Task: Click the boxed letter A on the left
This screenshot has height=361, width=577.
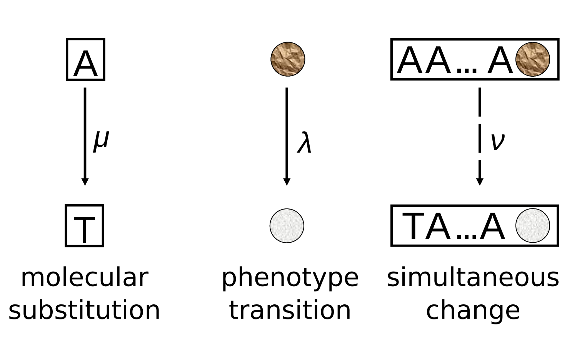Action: tap(85, 60)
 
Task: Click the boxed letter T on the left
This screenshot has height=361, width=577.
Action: tap(85, 226)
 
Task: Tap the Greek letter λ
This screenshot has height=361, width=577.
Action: tap(304, 143)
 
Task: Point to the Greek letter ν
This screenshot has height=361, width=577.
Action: tap(497, 141)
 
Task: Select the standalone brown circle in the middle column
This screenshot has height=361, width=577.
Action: tap(288, 59)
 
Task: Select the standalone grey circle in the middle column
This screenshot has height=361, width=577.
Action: tap(287, 226)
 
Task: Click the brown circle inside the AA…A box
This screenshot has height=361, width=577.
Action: tap(532, 59)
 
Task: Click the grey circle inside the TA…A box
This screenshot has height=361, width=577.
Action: tap(532, 226)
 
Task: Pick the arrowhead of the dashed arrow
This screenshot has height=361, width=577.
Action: tap(480, 181)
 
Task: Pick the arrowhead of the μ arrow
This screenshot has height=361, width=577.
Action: tap(85, 181)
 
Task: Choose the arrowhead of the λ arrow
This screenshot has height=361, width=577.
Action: tap(287, 181)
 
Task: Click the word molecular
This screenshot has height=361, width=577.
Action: tap(84, 277)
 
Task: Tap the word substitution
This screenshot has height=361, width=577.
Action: tap(84, 311)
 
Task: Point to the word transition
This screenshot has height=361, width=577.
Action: tap(290, 311)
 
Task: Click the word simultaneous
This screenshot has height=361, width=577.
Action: tap(473, 277)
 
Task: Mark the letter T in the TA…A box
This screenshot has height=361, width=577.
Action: tap(415, 227)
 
